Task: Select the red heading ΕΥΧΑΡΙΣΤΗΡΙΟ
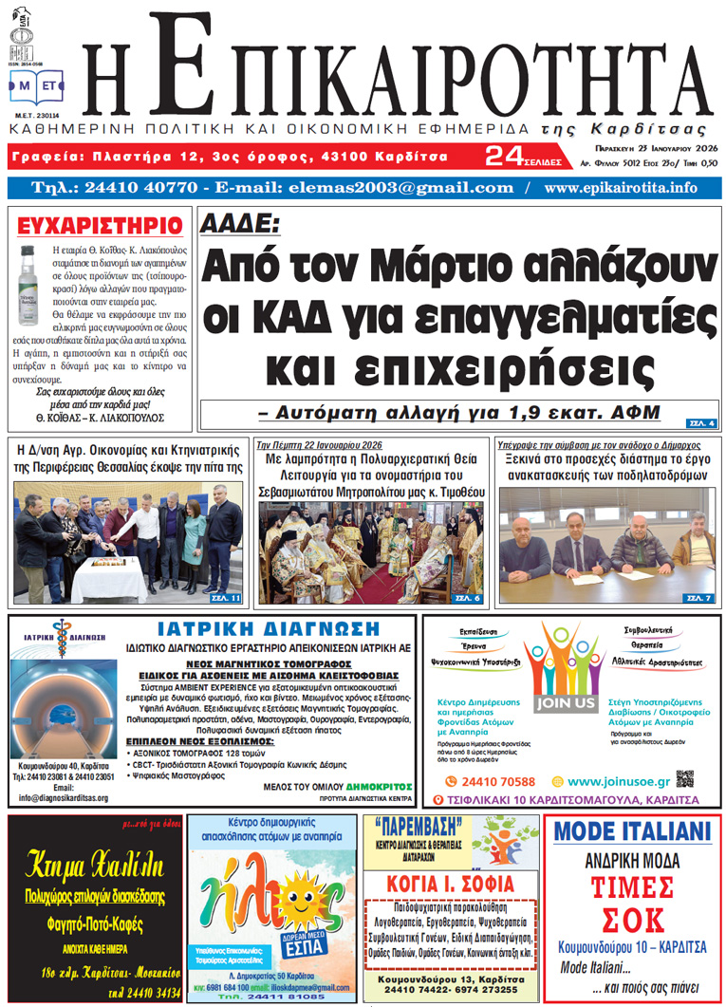(100, 225)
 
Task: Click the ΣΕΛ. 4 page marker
(703, 422)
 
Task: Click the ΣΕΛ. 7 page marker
(698, 598)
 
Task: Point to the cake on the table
(107, 569)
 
